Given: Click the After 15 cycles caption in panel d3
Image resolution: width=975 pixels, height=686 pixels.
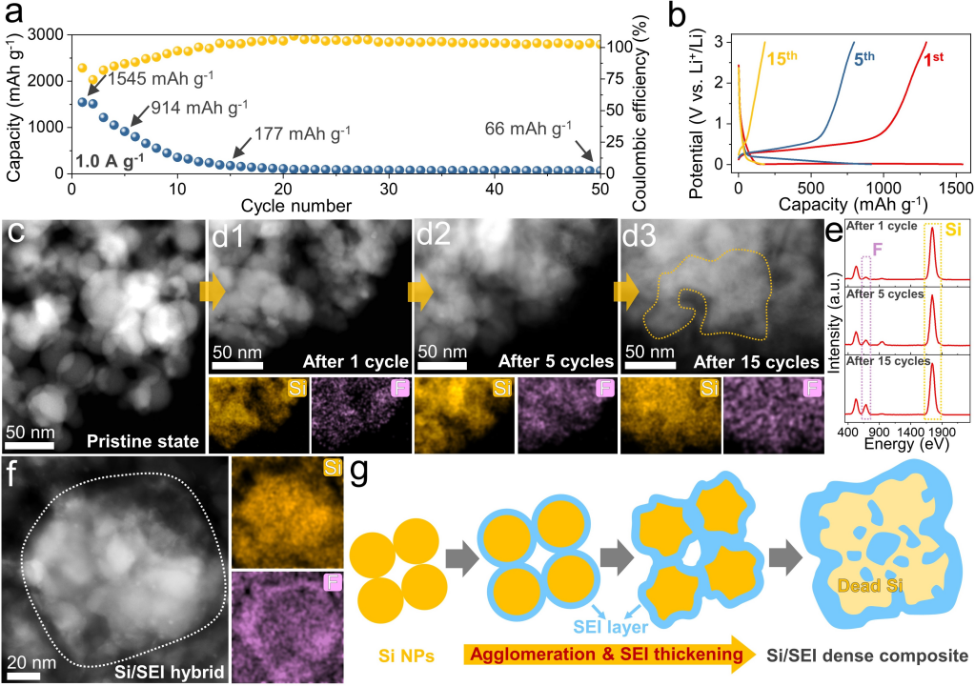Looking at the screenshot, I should [x=758, y=362].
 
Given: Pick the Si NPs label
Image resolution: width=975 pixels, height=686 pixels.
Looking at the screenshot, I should [x=385, y=656].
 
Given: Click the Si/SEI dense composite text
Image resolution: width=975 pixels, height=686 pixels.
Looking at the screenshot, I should [x=863, y=656].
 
